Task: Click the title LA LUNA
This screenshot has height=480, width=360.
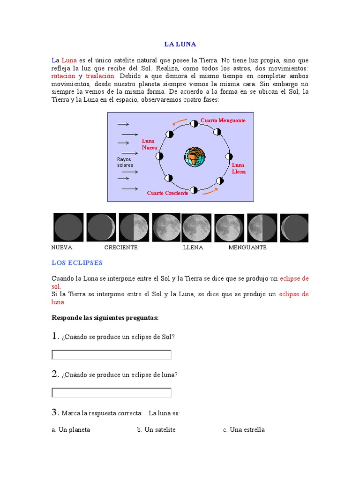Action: (x=180, y=45)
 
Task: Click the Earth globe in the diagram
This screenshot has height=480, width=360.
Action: (x=195, y=157)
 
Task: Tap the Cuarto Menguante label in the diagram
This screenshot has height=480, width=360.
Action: (x=223, y=120)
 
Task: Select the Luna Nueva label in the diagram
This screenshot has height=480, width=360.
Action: (x=149, y=144)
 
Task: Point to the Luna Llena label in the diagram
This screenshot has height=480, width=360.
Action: (x=238, y=168)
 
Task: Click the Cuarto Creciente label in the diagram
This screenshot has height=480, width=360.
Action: (x=167, y=193)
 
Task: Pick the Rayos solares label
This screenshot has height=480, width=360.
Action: (x=125, y=162)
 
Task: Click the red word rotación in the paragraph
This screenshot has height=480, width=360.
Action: (x=63, y=76)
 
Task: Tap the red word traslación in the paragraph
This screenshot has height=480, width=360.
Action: (x=100, y=76)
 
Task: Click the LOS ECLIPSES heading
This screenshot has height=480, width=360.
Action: (x=77, y=262)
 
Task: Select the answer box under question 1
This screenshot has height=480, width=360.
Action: (x=112, y=355)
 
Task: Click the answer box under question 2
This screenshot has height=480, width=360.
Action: (x=112, y=392)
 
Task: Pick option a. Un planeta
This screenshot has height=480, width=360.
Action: (x=71, y=429)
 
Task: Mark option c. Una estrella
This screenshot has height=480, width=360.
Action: (x=244, y=429)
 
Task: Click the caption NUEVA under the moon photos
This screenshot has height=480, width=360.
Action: (x=61, y=247)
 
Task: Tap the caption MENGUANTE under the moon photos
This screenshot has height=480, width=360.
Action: (x=247, y=247)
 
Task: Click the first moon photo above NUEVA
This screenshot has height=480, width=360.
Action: (x=68, y=228)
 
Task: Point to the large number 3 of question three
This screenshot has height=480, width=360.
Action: (x=54, y=412)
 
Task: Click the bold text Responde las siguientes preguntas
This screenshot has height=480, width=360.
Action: (x=105, y=318)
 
